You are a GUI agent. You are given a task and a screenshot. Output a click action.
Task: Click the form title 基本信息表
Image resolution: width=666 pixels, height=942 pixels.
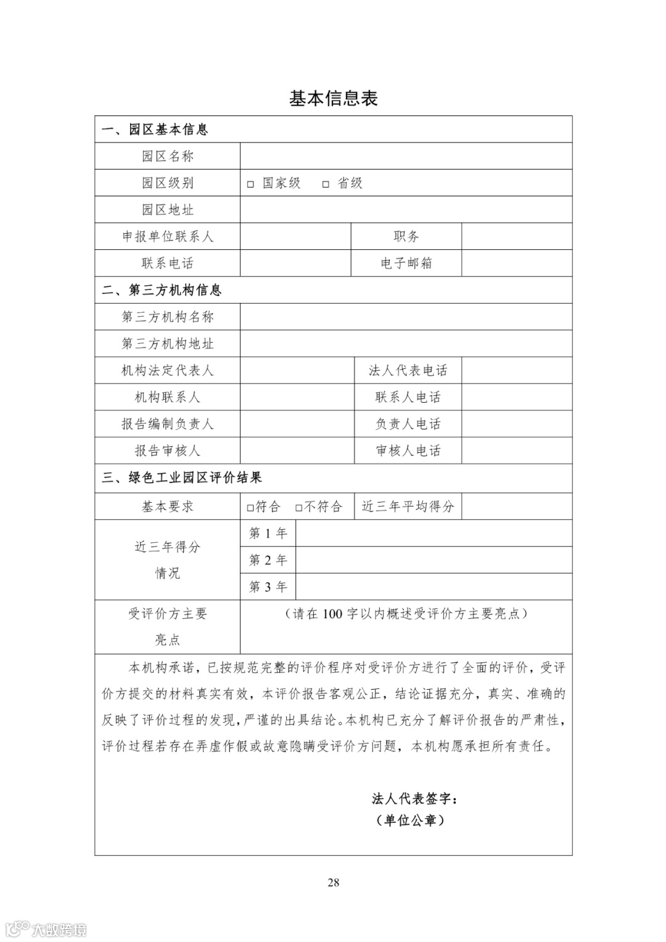coord(333,99)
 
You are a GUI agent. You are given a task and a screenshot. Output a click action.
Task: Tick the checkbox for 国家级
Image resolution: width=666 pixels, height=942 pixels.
coord(250,184)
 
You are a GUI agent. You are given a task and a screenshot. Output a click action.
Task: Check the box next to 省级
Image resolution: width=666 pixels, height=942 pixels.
coord(326,184)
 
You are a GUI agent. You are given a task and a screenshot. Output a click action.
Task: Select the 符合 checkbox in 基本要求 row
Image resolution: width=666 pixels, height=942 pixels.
coord(250,508)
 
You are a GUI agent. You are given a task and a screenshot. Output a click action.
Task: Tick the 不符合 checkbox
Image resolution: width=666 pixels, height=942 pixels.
coord(298,508)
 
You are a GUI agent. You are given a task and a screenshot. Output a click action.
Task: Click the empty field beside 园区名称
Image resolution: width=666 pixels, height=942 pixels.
coord(406,156)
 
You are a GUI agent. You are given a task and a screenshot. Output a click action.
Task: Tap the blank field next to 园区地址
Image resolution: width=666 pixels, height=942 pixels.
coord(406,210)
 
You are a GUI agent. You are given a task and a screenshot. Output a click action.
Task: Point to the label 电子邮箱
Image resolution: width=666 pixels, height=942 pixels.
coord(406,263)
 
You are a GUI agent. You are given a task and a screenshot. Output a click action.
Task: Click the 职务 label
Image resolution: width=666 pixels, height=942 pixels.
coord(406,236)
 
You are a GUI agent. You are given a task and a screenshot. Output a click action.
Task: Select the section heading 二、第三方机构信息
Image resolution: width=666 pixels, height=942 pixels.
coord(162,290)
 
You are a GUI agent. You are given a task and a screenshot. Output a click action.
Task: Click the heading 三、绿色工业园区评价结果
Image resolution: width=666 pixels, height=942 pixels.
coord(182,477)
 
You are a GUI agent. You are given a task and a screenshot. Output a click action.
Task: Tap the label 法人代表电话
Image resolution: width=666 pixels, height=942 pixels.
coord(408,371)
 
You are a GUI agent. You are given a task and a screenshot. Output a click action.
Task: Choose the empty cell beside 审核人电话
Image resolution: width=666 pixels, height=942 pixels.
coord(517,451)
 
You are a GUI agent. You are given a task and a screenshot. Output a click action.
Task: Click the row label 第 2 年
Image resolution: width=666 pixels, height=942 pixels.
coord(268,560)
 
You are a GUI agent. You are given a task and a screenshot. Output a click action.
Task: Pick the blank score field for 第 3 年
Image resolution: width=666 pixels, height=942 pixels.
coord(434,587)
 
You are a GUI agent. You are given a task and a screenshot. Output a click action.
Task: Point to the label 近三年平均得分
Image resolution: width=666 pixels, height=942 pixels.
coord(408,506)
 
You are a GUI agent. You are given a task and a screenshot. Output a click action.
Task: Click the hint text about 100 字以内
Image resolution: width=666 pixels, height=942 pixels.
coord(406,614)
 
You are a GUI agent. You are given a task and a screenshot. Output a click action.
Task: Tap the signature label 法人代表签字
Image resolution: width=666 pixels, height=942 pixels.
coord(414,799)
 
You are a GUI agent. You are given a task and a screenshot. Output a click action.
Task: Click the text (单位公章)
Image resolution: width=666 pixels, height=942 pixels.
coord(410,820)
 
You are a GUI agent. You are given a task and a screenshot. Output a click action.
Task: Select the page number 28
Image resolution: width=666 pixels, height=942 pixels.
coord(333,882)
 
